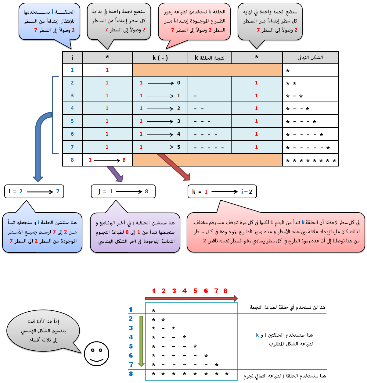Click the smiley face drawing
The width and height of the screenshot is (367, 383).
(x=96, y=354)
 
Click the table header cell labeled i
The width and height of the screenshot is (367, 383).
(x=72, y=58)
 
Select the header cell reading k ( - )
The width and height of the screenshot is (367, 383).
(x=160, y=58)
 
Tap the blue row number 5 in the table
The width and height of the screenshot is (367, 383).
(x=72, y=121)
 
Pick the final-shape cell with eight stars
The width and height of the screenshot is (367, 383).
(x=311, y=160)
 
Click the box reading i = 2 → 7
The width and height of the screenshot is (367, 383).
(x=34, y=191)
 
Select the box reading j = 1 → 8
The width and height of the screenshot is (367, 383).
(x=123, y=191)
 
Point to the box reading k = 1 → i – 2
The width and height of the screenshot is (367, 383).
(x=222, y=191)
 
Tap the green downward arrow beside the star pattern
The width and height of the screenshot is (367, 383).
(x=141, y=341)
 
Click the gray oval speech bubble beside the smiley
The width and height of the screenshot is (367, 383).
(x=43, y=331)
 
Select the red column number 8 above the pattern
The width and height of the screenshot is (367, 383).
(x=225, y=291)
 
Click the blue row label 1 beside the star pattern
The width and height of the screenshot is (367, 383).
(x=131, y=310)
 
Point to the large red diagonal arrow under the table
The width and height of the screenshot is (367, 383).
(x=174, y=167)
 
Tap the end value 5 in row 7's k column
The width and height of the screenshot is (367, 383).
(x=178, y=147)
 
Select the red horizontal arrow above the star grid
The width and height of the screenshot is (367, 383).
(x=191, y=298)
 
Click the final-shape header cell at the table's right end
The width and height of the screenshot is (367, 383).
(x=311, y=58)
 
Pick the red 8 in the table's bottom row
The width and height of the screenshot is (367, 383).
(x=124, y=160)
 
